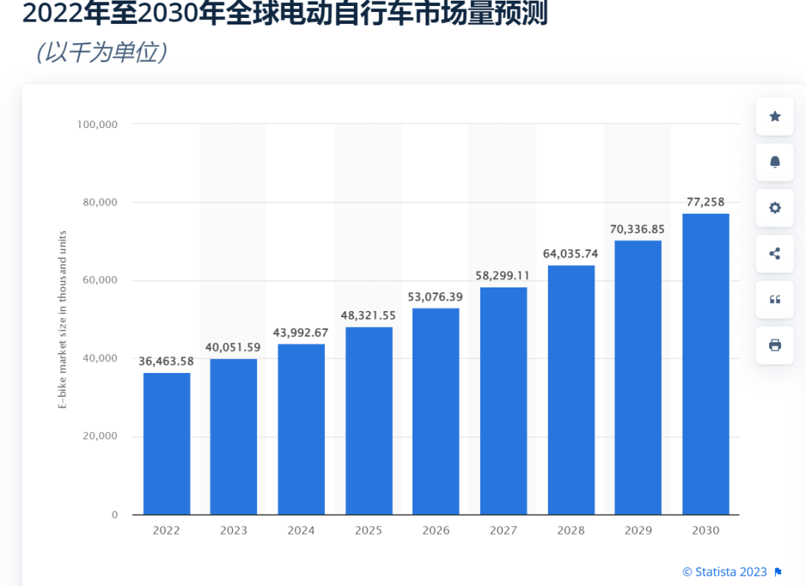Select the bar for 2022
(x=167, y=443)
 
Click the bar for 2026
(x=436, y=411)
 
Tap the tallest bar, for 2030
(x=706, y=364)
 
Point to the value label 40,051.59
(x=234, y=347)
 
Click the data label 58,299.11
(x=503, y=276)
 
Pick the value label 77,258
(x=705, y=202)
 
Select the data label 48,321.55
(x=369, y=316)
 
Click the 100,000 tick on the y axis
(x=98, y=124)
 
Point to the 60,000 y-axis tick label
(x=101, y=280)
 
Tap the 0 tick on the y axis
(x=115, y=515)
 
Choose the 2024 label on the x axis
(x=301, y=531)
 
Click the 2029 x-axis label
(x=638, y=531)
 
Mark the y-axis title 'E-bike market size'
(x=63, y=320)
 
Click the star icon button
(x=774, y=117)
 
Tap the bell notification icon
(x=774, y=162)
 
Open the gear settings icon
(x=774, y=208)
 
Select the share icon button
(x=774, y=254)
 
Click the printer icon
(x=774, y=345)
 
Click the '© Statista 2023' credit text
(x=724, y=572)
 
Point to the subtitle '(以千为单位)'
(x=101, y=52)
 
